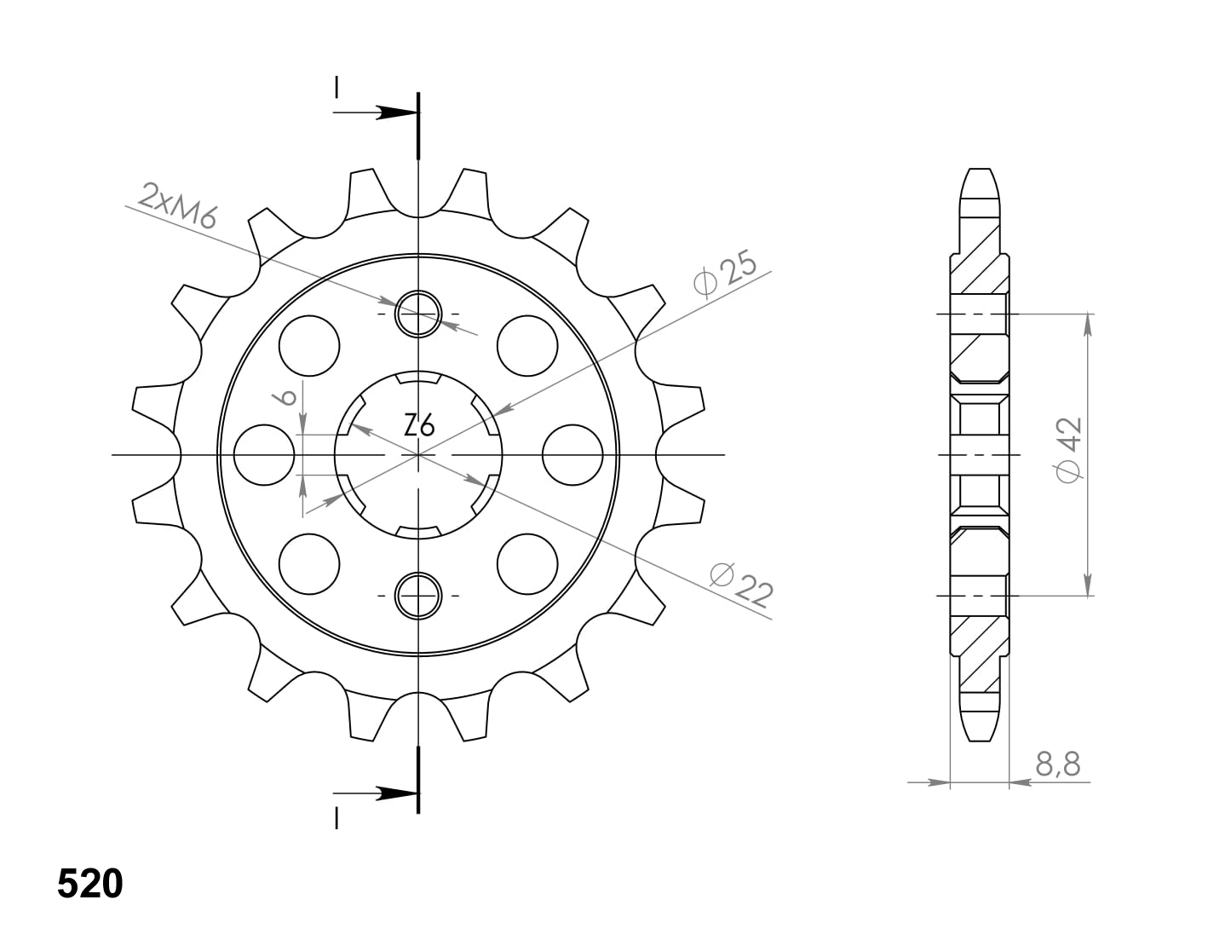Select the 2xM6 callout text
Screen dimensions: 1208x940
pos(176,205)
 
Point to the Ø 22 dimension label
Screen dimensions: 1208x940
pos(742,585)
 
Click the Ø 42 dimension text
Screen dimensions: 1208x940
pos(1069,449)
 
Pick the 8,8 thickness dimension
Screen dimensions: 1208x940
pos(1058,764)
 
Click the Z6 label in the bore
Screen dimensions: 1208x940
pos(418,427)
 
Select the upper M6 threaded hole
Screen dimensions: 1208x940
pos(418,314)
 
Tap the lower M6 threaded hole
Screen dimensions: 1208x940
pos(418,596)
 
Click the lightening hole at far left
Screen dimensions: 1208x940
pos(264,455)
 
